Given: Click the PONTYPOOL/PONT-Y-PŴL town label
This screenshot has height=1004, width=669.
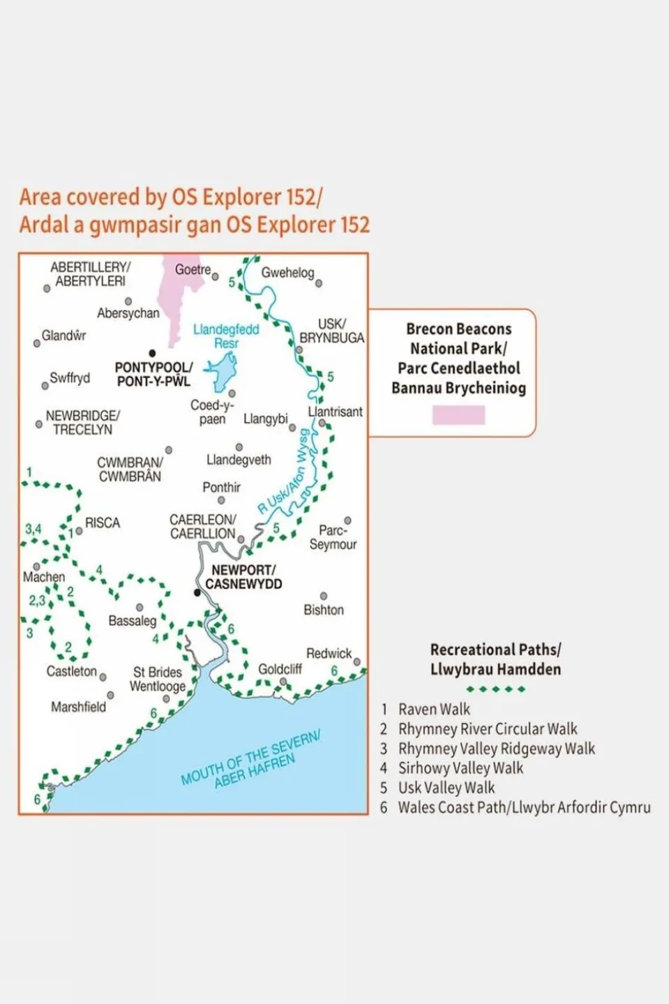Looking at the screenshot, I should click(153, 374).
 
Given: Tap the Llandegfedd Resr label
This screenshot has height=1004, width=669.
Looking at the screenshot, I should click(226, 336).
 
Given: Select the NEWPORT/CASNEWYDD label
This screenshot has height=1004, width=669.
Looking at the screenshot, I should click(243, 577).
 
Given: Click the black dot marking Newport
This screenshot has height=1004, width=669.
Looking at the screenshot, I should click(197, 592).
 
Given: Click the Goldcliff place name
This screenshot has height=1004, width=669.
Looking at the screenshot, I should click(280, 669).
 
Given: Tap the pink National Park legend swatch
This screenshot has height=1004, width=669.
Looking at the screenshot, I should click(458, 415).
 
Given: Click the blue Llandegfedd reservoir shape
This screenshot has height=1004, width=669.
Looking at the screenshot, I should click(221, 372).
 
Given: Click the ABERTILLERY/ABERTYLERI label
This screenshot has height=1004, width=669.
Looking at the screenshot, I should click(90, 274).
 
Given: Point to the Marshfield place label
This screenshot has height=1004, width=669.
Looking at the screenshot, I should click(78, 707).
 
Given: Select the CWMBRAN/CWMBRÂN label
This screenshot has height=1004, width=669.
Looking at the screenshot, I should click(130, 469).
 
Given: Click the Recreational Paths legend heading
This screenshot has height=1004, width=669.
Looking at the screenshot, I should click(495, 659).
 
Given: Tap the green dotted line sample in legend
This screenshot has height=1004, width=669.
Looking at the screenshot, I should click(495, 689).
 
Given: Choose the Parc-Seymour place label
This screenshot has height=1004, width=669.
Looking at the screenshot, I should click(333, 537).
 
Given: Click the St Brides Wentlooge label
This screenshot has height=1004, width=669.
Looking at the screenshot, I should click(158, 679).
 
